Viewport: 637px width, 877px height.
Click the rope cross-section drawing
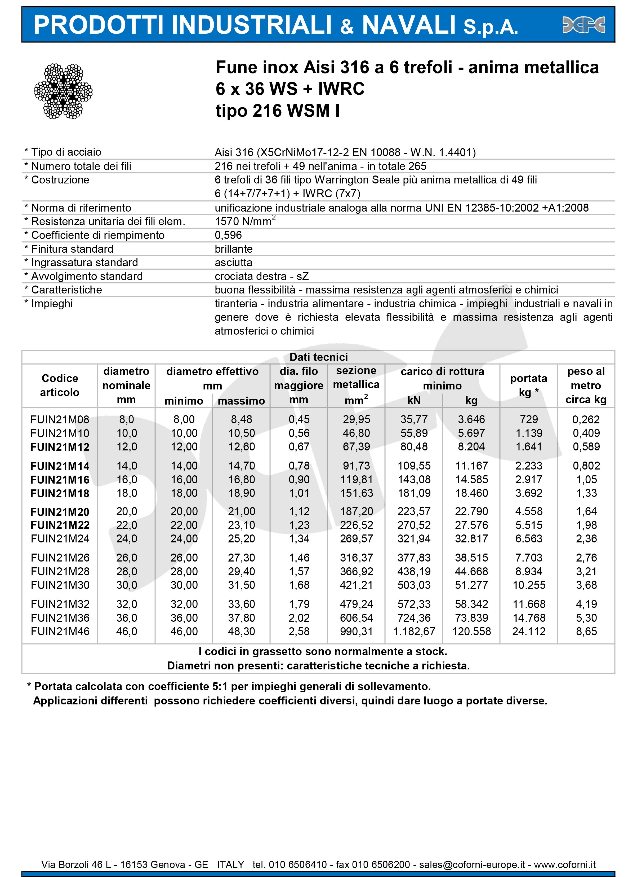[x=63, y=91]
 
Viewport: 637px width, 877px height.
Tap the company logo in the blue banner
[x=583, y=25]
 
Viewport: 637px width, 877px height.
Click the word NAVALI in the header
[x=409, y=25]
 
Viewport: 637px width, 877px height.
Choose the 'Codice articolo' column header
[x=60, y=385]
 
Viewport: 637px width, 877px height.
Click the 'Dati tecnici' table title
[x=319, y=357]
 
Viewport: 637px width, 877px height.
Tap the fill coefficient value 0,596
[x=228, y=235]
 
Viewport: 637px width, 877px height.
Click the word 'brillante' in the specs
[x=234, y=249]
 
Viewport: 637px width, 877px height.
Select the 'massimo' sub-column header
[x=242, y=401]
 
